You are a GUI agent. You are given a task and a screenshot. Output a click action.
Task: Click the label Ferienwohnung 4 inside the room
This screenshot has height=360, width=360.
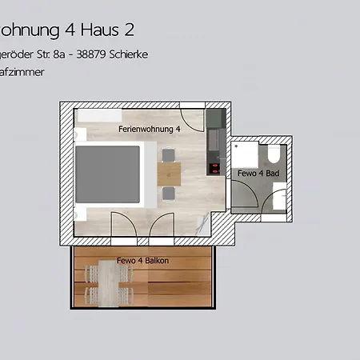click(x=149, y=128)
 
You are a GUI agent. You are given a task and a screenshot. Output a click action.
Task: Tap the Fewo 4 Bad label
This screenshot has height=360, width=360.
click(x=258, y=173)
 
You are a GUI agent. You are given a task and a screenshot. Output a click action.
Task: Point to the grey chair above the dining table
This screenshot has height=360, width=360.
click(x=169, y=155)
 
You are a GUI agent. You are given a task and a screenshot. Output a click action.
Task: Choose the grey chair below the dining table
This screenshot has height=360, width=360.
click(x=169, y=193)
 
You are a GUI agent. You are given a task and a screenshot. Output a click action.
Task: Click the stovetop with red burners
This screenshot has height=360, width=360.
click(x=214, y=168)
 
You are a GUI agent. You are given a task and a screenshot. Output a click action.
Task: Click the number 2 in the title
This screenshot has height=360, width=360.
click(x=128, y=30)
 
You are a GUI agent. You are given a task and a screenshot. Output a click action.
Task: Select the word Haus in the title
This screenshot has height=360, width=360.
click(x=99, y=30)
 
